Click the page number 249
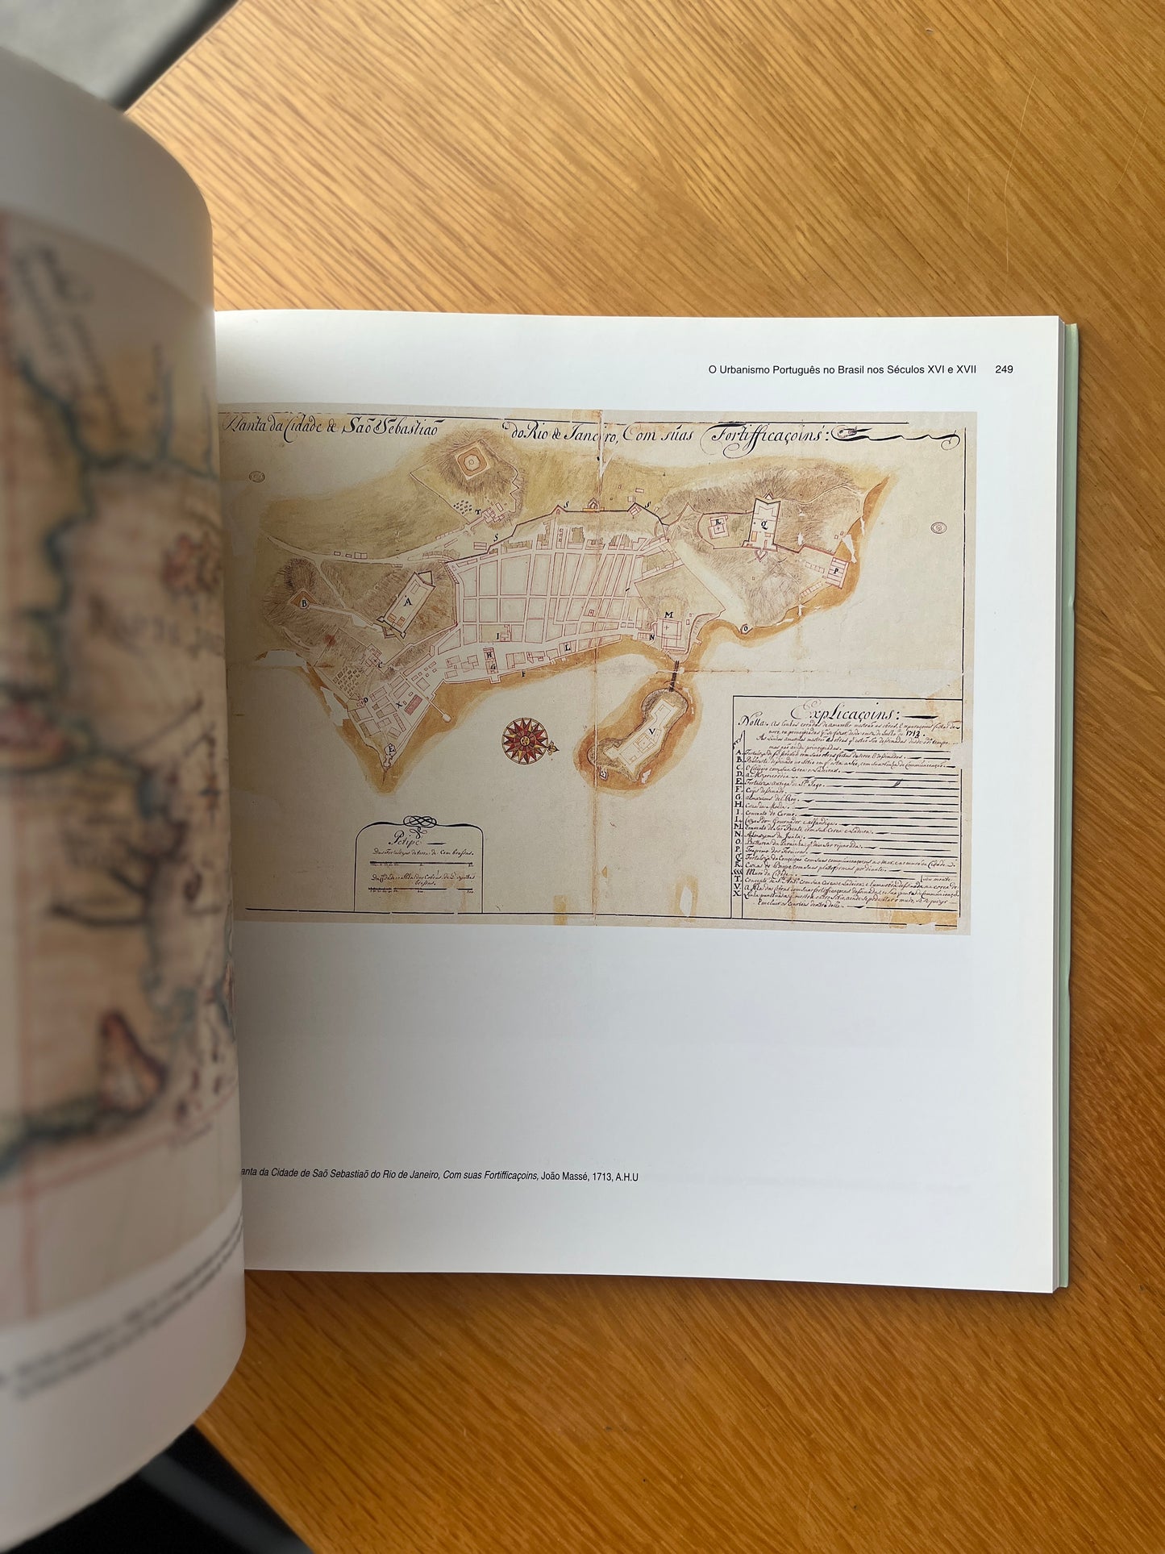(1004, 369)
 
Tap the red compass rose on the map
(526, 738)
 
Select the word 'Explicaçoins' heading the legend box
(847, 713)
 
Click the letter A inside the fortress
(408, 602)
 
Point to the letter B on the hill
(305, 602)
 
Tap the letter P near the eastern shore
(837, 567)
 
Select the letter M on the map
(668, 615)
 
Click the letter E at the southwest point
(393, 748)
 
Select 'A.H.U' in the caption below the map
(626, 1177)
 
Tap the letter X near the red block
(399, 702)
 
